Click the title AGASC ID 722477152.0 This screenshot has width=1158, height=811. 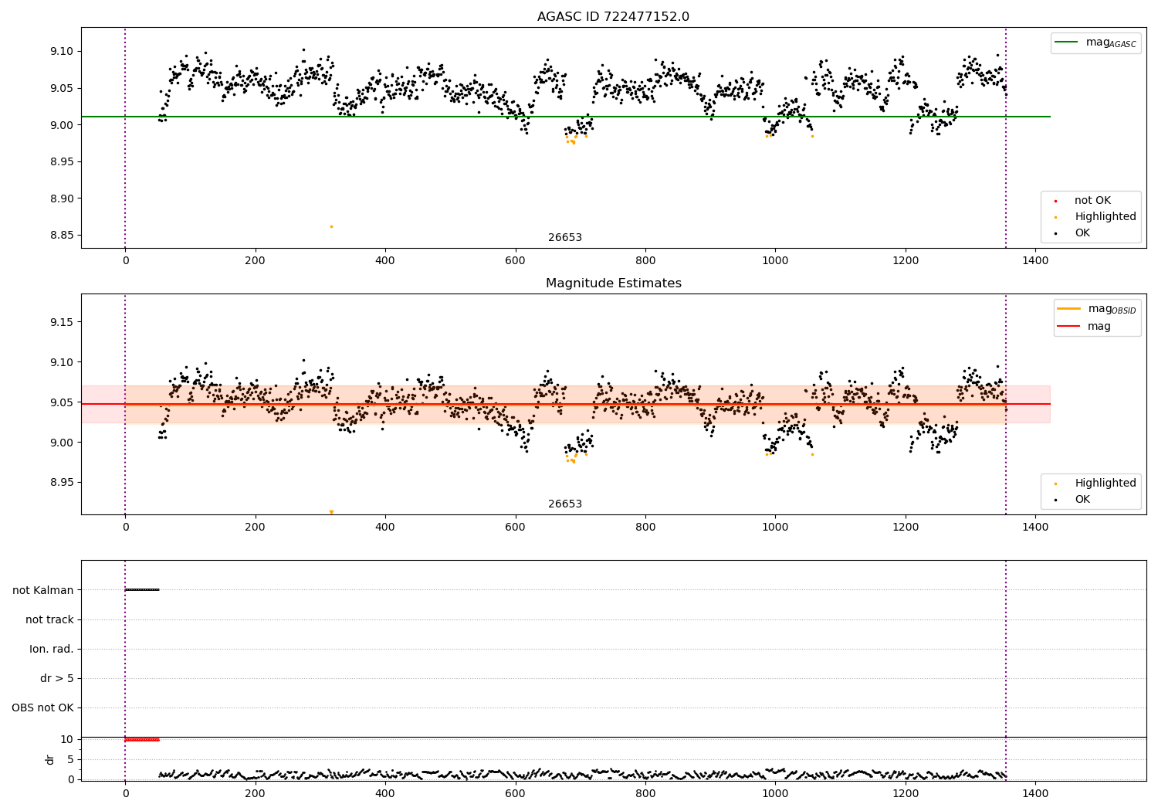coord(613,17)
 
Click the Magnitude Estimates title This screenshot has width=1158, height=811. coord(613,283)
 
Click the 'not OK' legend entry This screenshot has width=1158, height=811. coord(1092,201)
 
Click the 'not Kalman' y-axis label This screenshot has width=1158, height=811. coord(43,590)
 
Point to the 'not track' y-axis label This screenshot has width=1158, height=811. coord(49,619)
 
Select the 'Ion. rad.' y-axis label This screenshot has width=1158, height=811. coord(52,649)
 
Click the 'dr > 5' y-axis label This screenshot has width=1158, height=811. coord(57,678)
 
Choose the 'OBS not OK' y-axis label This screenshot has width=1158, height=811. coord(42,708)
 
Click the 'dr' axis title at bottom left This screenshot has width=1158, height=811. coord(50,759)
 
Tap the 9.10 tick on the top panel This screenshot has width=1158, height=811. coord(61,52)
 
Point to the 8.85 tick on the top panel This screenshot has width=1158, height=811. coord(61,236)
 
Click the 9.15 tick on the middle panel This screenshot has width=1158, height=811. coord(61,322)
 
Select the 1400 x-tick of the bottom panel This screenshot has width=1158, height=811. coord(1035,793)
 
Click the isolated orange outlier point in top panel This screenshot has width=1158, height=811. coord(331,226)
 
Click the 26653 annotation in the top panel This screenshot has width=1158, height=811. coord(565,238)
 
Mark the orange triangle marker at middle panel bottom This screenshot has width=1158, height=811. coord(331,512)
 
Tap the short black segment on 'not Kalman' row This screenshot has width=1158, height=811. coord(142,590)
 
